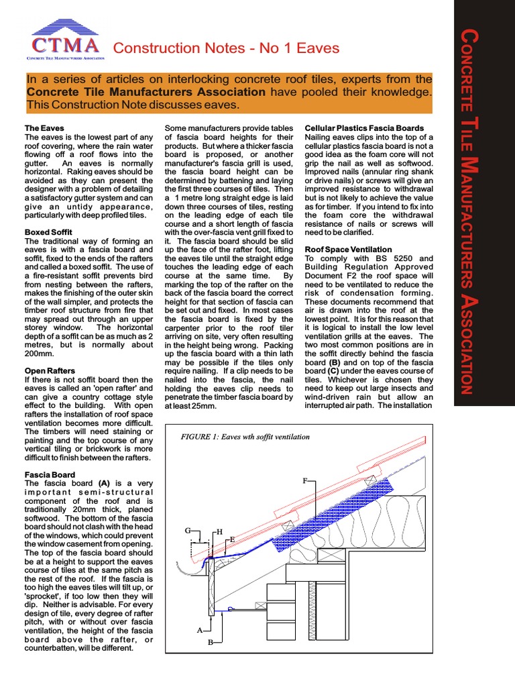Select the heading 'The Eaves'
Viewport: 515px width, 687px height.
(44, 127)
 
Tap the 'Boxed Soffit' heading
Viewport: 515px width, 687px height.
(48, 232)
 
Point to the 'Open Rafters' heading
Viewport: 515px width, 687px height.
(49, 370)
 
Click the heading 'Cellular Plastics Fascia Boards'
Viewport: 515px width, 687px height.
(364, 127)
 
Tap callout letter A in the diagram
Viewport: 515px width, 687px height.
(199, 631)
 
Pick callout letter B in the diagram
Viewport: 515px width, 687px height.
(209, 642)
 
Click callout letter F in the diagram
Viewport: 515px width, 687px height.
(305, 481)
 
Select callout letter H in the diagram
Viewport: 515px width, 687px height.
(219, 532)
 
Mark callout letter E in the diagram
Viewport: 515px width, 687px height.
(232, 539)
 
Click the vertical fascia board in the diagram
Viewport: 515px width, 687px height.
(211, 590)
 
